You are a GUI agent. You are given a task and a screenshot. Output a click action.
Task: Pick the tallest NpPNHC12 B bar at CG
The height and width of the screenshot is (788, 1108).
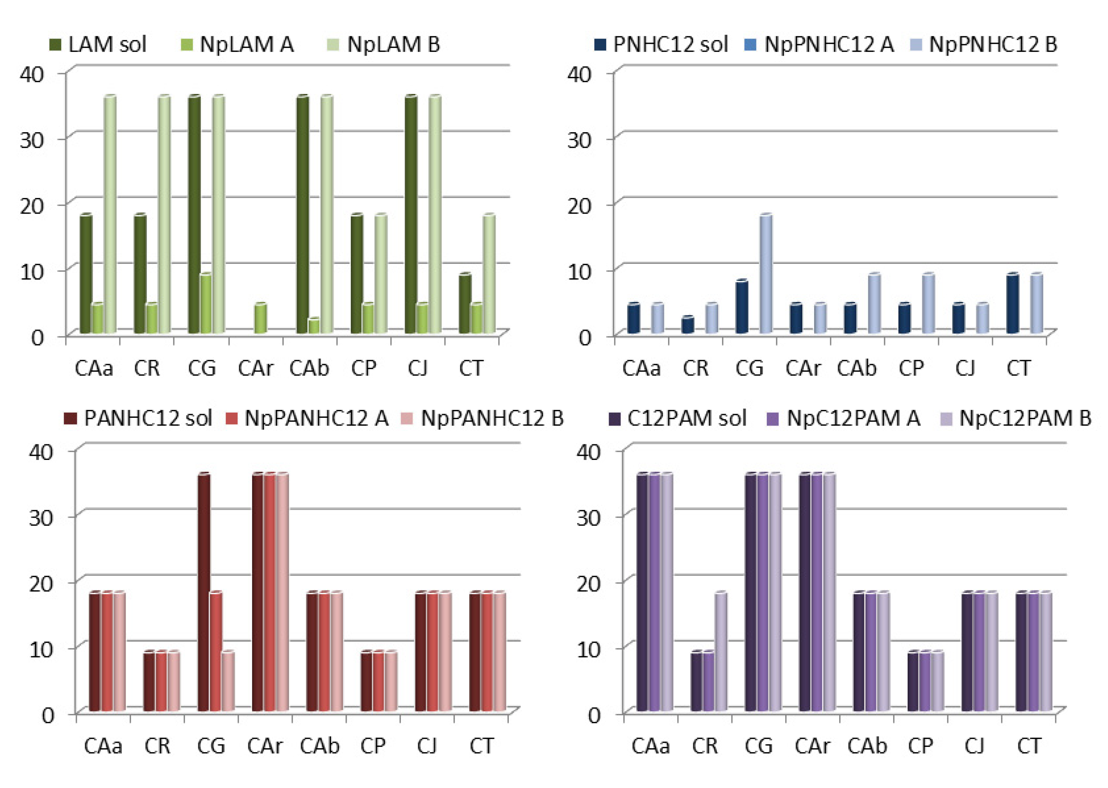[766, 274]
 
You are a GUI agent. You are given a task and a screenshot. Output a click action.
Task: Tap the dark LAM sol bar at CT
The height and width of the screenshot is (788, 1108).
[465, 304]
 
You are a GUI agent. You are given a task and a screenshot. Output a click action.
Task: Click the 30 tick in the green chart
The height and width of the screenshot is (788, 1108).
[32, 140]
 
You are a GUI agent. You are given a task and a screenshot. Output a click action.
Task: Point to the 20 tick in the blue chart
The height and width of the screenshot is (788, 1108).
[579, 206]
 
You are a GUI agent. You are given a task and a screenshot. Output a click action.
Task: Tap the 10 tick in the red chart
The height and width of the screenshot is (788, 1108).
[41, 649]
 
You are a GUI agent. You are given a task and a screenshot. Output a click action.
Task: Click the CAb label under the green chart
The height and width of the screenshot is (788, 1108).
[309, 369]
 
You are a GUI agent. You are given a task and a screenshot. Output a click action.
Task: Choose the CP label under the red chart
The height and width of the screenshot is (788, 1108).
[372, 746]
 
